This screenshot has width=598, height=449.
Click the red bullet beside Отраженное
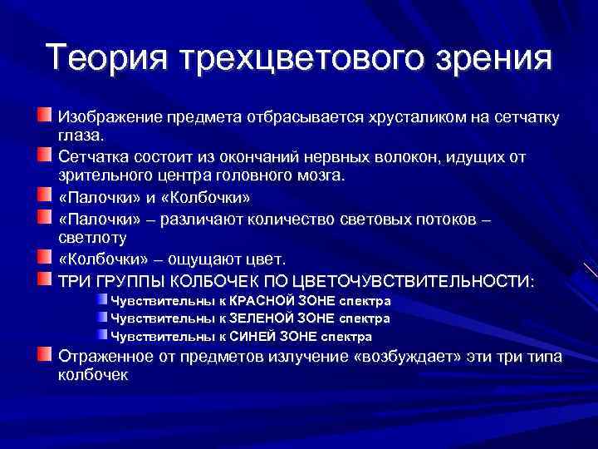tap(43, 356)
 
